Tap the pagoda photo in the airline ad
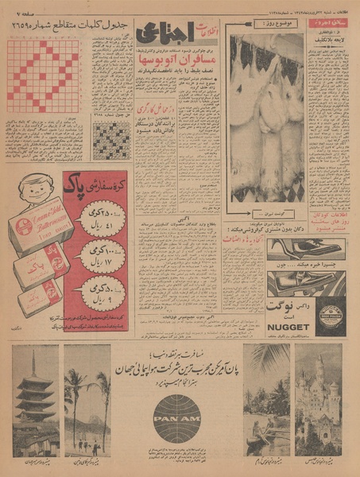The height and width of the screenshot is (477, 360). tap(36, 397)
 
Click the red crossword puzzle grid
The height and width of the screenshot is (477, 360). tap(43, 76)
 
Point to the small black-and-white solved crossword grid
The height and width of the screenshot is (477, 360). tap(111, 141)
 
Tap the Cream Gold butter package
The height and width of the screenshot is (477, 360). tap(40, 226)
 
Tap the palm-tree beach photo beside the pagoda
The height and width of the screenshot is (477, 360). tap(87, 397)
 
